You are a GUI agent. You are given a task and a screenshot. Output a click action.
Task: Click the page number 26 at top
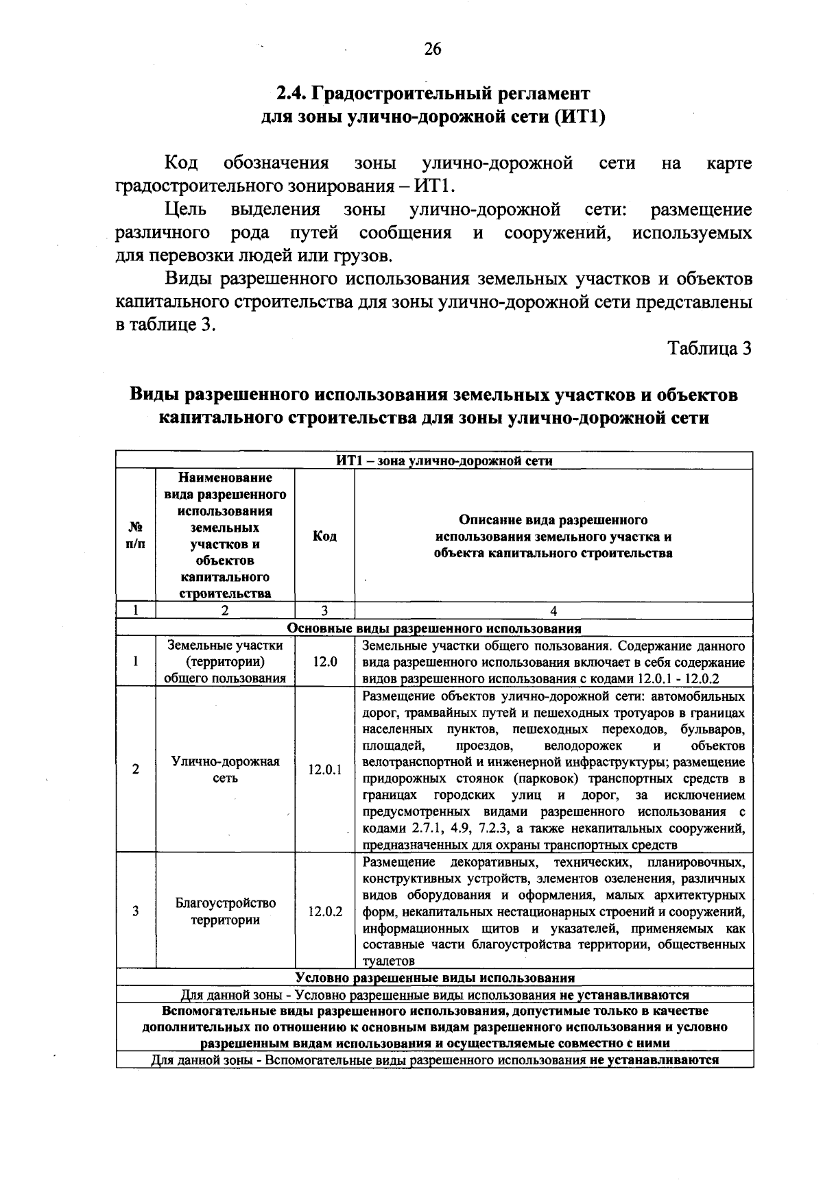(x=433, y=49)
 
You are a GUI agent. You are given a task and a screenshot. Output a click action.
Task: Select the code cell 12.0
(x=324, y=662)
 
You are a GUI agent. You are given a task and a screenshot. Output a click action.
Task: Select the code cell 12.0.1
(x=324, y=770)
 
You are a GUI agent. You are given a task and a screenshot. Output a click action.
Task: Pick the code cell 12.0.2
(x=324, y=911)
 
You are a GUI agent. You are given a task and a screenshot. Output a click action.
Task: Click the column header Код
(x=324, y=536)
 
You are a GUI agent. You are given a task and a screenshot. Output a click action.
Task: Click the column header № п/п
(x=136, y=536)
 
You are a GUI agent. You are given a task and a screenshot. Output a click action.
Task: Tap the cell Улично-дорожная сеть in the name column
(x=225, y=770)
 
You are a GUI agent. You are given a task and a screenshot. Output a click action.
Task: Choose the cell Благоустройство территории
(x=225, y=911)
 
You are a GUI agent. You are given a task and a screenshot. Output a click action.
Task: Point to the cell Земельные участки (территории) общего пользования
(x=225, y=662)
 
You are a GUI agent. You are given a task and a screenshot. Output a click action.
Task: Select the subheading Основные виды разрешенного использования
(x=433, y=628)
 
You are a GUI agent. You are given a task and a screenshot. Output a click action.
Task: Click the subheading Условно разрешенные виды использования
(x=435, y=977)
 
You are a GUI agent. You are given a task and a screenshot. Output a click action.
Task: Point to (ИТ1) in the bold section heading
(x=582, y=116)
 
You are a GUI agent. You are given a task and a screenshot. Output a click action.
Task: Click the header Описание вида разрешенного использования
(x=553, y=536)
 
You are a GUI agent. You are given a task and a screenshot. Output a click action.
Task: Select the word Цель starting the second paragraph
(x=185, y=210)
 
